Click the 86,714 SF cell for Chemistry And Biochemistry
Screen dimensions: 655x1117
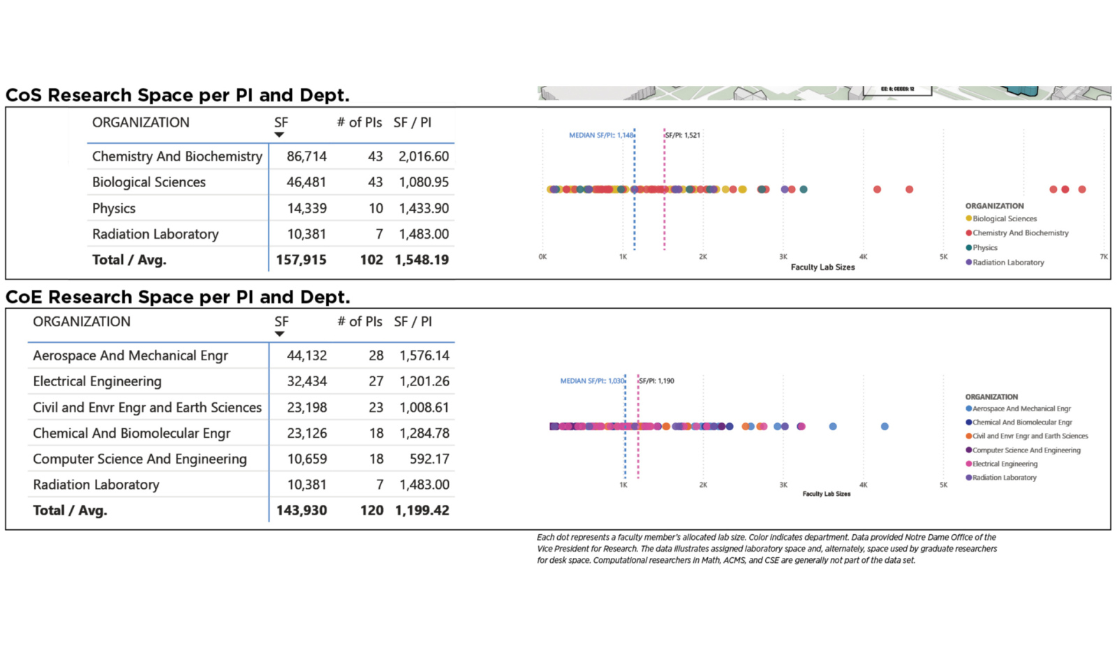click(306, 156)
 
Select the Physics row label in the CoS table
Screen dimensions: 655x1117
click(114, 208)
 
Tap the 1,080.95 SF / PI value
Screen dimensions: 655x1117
click(424, 182)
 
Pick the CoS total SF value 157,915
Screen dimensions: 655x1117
click(301, 260)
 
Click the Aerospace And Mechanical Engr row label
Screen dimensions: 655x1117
click(131, 355)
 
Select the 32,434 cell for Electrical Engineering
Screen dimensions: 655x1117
click(306, 381)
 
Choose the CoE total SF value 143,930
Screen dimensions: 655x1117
click(302, 510)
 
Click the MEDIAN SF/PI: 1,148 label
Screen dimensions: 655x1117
click(601, 135)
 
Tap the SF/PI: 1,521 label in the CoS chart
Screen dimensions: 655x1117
click(683, 135)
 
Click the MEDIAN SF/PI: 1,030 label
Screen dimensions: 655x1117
click(592, 381)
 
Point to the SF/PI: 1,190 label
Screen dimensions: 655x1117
click(657, 381)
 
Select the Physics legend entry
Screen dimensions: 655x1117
click(985, 248)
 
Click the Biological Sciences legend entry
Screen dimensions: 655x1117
click(1005, 219)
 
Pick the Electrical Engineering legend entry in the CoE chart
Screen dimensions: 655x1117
click(1005, 464)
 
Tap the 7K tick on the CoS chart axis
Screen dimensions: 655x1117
click(1104, 257)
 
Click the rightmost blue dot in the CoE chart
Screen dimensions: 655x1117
click(885, 427)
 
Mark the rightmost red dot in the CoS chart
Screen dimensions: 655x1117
click(1082, 189)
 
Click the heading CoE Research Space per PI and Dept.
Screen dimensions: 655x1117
click(177, 297)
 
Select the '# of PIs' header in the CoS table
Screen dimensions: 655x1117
click(360, 123)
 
